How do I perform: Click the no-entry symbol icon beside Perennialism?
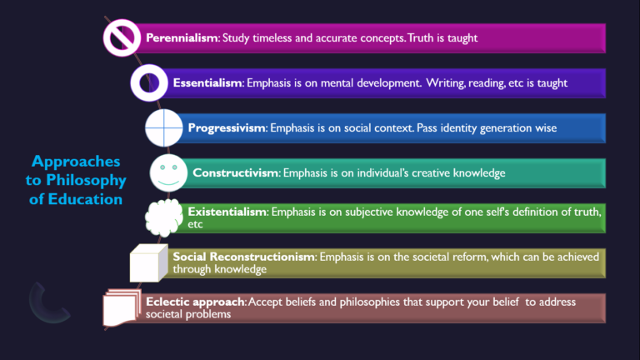coord(121,37)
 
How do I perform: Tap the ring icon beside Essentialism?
coord(147,83)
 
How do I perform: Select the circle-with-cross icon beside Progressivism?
coord(162,128)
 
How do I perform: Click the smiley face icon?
coord(167,173)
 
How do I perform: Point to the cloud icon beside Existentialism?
coord(162,219)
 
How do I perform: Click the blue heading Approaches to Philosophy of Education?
coord(78,180)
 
